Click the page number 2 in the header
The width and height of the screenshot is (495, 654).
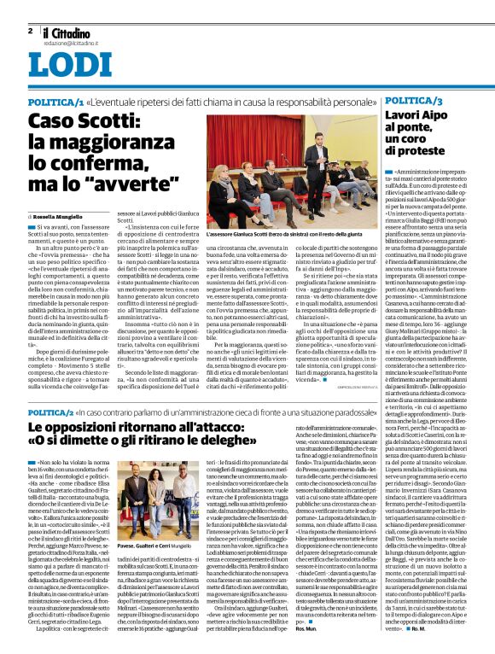coord(31,30)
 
